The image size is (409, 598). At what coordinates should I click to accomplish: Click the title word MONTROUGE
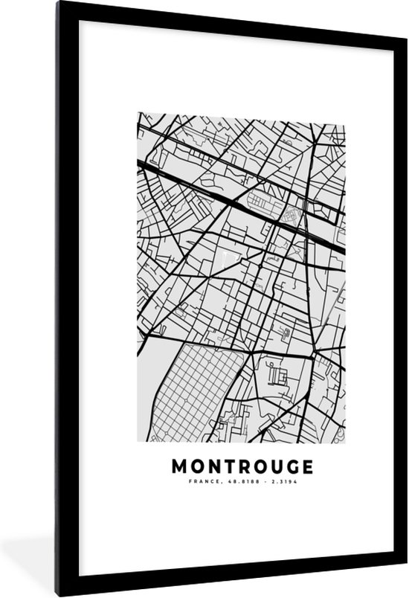click(243, 466)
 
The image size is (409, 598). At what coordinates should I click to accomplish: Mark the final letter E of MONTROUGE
click(307, 466)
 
